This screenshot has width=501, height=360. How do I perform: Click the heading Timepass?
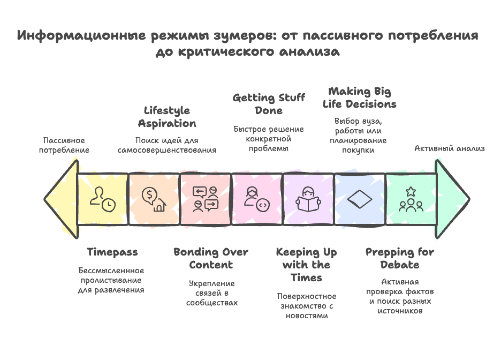pos(112,252)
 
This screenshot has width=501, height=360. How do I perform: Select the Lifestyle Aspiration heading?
pos(167,117)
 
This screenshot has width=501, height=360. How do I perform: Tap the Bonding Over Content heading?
pos(211,258)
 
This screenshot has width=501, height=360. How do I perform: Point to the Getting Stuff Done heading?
pos(269,104)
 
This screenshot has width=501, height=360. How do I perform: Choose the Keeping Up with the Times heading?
pos(306,265)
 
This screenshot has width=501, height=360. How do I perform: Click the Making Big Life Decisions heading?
pos(360,97)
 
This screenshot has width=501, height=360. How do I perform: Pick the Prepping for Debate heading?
pos(400,258)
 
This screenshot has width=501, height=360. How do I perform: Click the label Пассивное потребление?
pos(64,145)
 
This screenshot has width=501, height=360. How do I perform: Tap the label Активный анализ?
pos(449,148)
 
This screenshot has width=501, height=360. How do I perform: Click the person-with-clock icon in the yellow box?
pos(102,199)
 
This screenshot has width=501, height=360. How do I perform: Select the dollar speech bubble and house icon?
pos(154,199)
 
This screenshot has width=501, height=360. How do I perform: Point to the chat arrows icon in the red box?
pos(206,199)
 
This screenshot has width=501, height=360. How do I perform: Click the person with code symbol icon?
pos(257,199)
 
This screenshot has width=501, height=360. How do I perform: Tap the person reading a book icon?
pos(308,199)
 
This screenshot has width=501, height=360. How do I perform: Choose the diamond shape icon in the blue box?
pos(360,199)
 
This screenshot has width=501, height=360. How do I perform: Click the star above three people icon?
pos(411,199)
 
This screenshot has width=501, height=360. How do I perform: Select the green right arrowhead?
pos(452,199)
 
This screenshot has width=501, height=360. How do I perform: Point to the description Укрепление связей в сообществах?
pos(212,293)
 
